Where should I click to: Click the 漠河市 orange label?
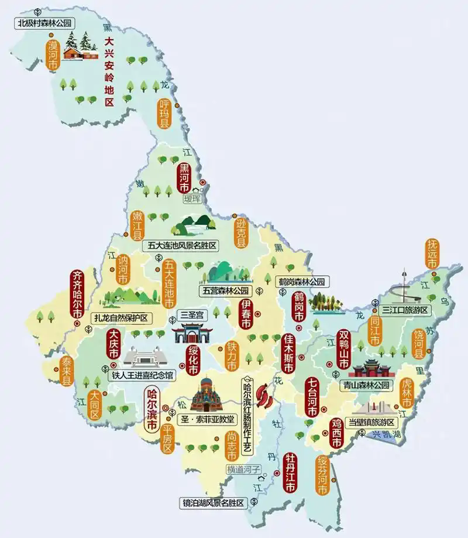tap(53, 56)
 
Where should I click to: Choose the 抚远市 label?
tap(432, 253)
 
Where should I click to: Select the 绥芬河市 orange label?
tap(324, 475)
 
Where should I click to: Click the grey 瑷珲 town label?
tap(192, 198)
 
